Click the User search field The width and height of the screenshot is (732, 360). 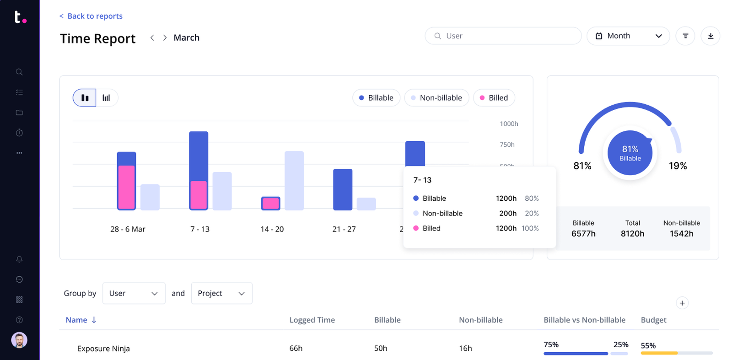click(x=503, y=36)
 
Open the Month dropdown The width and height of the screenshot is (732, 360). click(x=628, y=36)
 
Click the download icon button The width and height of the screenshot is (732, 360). click(x=710, y=36)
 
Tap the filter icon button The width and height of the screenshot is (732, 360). click(x=685, y=36)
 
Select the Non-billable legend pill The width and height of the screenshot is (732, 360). click(x=436, y=98)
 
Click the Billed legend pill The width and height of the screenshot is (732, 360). click(x=494, y=98)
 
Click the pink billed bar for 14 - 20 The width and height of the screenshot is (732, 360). click(x=270, y=204)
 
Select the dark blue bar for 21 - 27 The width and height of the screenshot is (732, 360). click(x=342, y=189)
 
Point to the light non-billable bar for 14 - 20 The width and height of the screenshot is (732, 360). click(x=294, y=180)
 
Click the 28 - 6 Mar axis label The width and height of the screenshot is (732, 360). click(x=128, y=229)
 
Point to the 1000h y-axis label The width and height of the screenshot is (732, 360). click(x=509, y=124)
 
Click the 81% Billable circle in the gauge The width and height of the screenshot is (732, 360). click(x=630, y=153)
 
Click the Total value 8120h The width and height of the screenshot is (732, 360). click(x=632, y=234)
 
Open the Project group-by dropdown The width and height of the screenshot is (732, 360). click(x=221, y=293)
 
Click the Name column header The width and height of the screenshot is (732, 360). click(x=76, y=320)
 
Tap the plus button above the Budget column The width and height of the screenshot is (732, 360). click(x=682, y=303)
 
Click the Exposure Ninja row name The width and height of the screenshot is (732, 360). click(x=103, y=349)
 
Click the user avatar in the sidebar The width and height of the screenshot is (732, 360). click(x=19, y=340)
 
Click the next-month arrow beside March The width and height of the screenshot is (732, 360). click(x=165, y=38)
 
